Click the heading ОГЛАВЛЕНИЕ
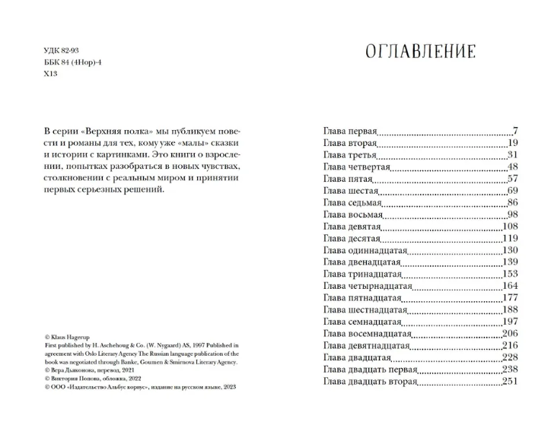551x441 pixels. [x=420, y=52]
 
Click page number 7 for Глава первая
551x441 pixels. [x=514, y=131]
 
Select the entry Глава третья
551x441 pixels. [x=351, y=155]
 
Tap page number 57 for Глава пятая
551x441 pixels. [x=511, y=179]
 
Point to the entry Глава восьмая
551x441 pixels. [x=355, y=215]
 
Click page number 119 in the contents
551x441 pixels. [x=508, y=239]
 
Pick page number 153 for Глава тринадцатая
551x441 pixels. [x=508, y=274]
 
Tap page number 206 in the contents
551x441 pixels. [x=508, y=334]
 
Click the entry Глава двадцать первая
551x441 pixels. [x=371, y=370]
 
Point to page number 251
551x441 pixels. [x=508, y=381]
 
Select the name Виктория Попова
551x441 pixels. [x=81, y=378]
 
